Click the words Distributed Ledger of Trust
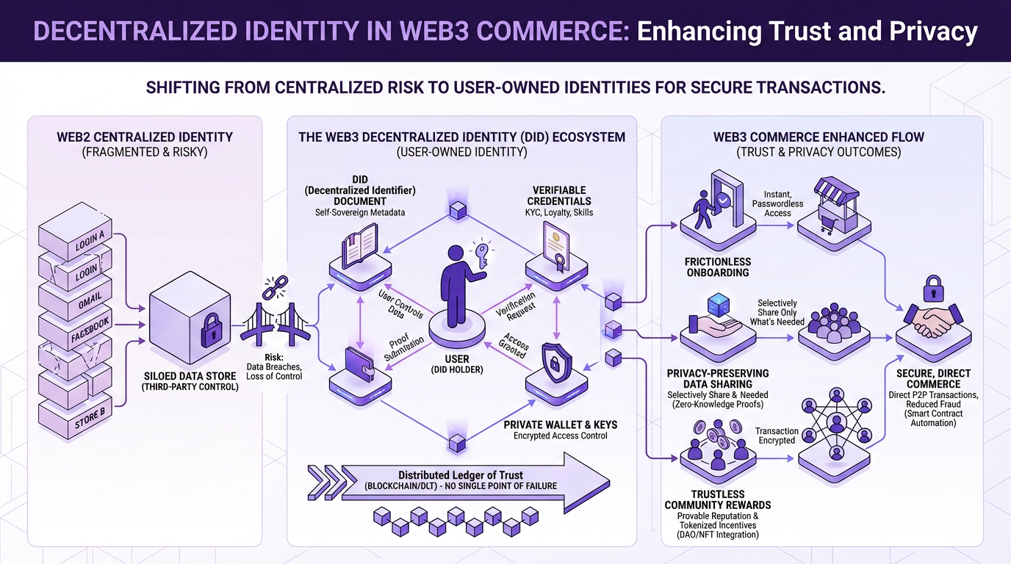tap(461, 475)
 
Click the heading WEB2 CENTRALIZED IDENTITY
tap(145, 137)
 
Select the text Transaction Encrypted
tap(777, 435)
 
